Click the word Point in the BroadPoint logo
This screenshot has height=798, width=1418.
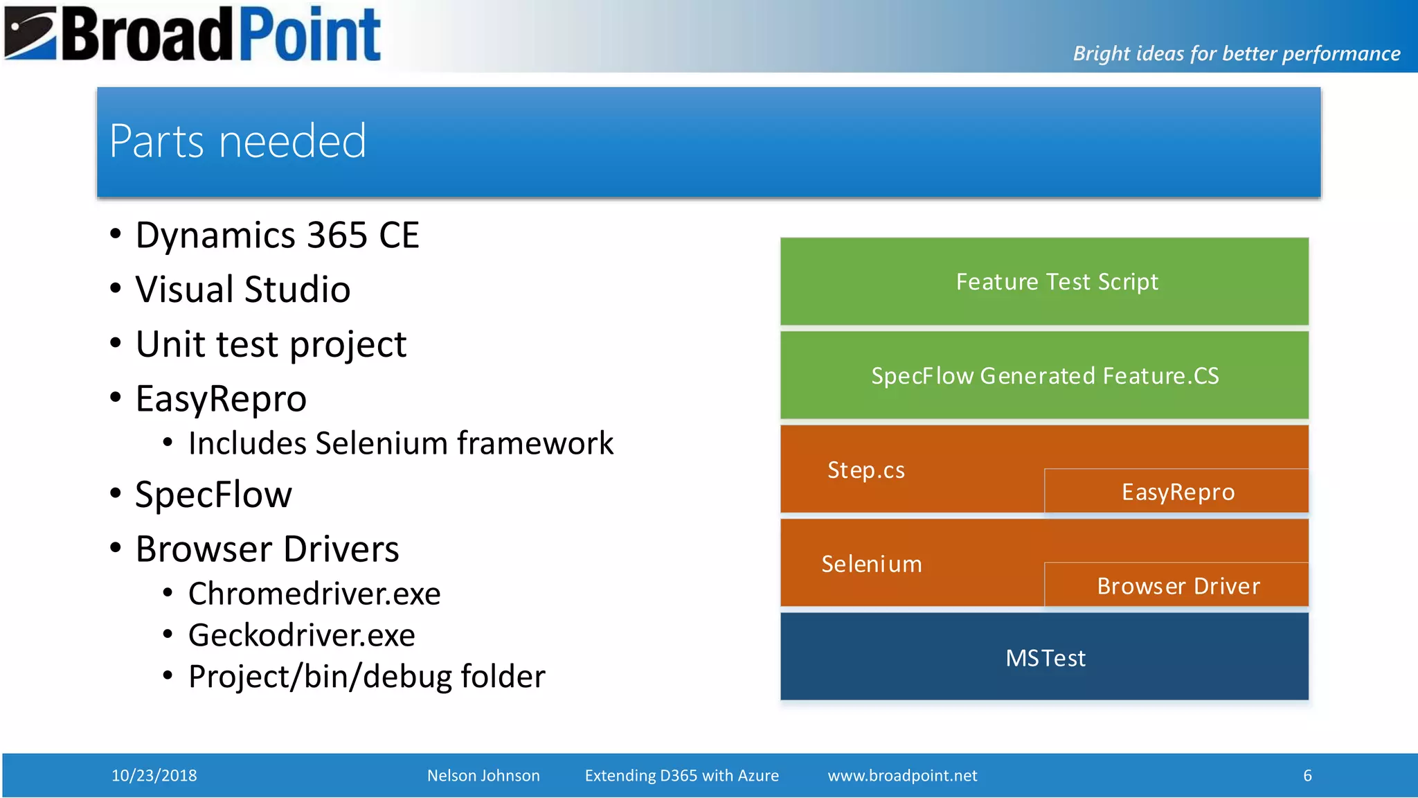(310, 35)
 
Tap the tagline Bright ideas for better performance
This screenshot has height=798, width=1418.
(1236, 53)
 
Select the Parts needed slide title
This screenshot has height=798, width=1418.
(237, 141)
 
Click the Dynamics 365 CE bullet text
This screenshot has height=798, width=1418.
(277, 236)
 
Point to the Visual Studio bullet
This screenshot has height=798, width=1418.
(242, 290)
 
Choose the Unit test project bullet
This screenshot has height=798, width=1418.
(271, 344)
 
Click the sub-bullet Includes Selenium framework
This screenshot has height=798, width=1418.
(400, 443)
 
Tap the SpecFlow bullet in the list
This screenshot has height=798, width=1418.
(213, 495)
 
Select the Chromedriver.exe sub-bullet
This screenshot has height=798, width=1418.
(314, 594)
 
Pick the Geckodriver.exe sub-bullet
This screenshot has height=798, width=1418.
(301, 635)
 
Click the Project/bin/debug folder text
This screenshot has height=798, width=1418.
(366, 677)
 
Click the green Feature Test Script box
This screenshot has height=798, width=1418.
(1044, 282)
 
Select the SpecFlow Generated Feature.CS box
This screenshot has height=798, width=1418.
(1044, 375)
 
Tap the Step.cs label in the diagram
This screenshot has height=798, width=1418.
(865, 470)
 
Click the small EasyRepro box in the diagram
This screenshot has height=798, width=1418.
(1177, 492)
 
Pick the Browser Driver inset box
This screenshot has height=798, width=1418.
(1177, 586)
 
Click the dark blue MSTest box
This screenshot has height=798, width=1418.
(1044, 657)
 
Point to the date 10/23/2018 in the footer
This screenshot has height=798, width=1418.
(154, 775)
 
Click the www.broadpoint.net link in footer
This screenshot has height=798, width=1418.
(902, 775)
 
